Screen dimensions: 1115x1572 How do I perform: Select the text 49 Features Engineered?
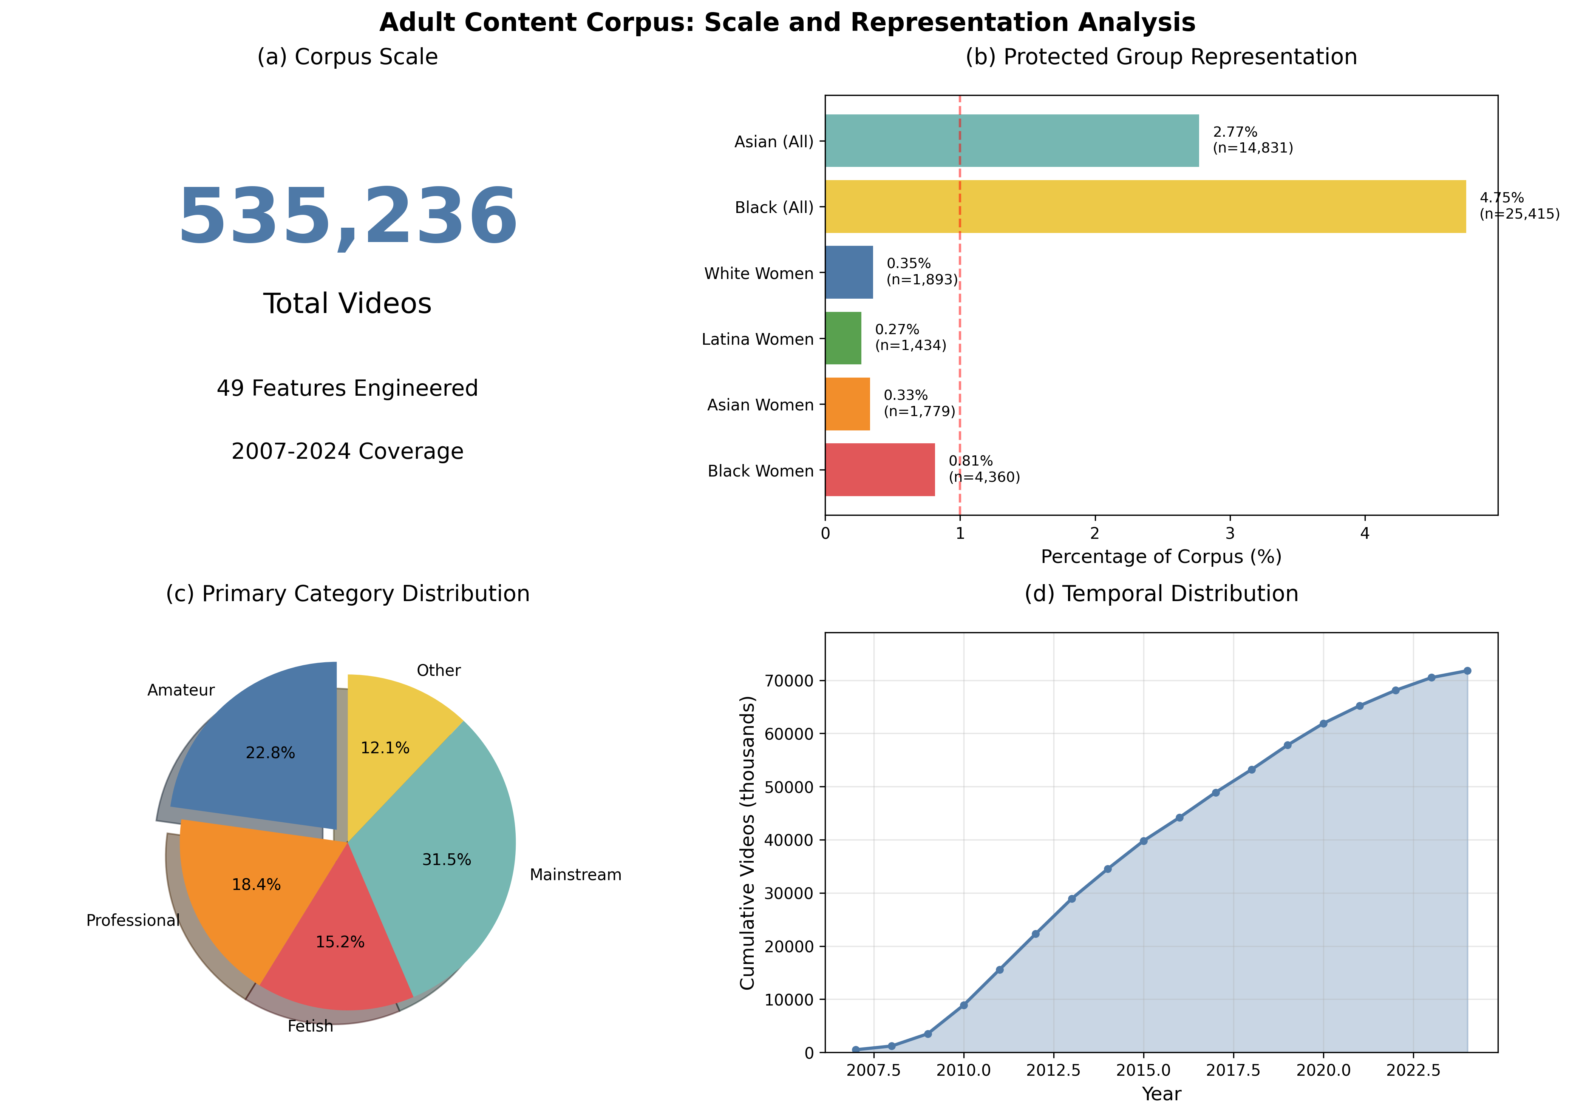[348, 389]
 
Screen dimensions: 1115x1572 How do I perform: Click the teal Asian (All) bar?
[1012, 141]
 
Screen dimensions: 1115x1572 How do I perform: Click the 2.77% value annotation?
[1235, 132]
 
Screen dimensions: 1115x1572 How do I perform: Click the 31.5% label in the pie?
[447, 860]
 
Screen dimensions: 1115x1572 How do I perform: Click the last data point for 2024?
[1467, 671]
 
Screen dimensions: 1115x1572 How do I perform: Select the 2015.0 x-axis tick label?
[1144, 1070]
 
